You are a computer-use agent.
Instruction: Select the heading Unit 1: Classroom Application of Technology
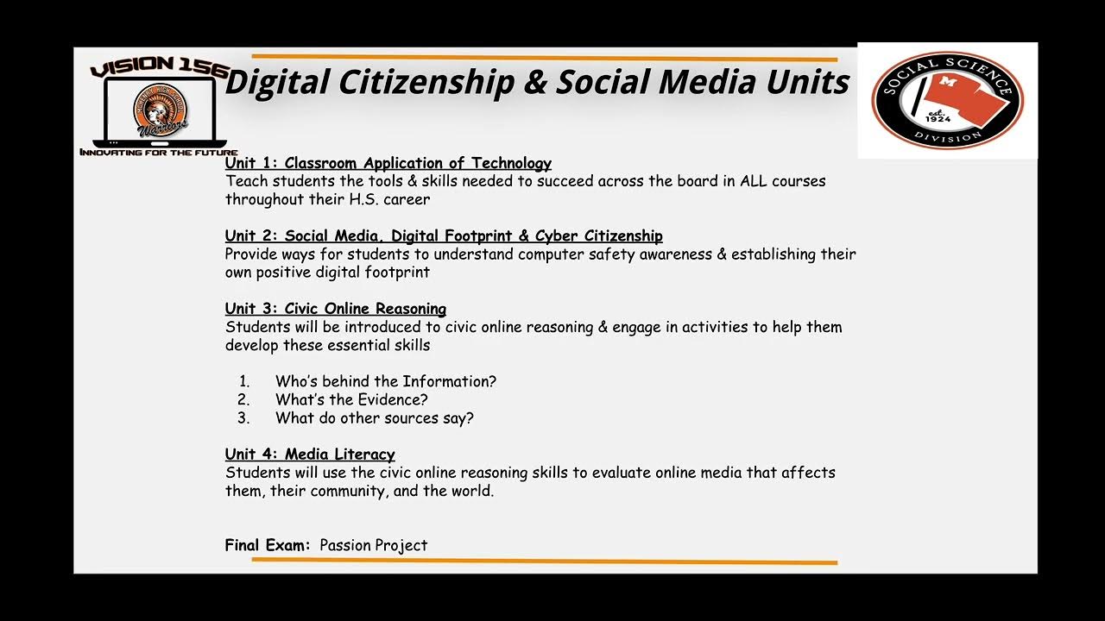coord(388,163)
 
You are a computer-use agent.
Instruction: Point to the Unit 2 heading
coord(444,235)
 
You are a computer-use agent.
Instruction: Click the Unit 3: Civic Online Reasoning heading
coord(335,309)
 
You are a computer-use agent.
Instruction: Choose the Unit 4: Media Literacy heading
coord(310,455)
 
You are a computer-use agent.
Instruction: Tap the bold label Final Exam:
coord(267,545)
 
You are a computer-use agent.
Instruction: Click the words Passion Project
coord(373,545)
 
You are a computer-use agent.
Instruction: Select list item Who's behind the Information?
coord(385,381)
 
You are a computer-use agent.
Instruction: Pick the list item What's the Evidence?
coord(351,399)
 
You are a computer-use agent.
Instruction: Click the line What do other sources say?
coord(374,418)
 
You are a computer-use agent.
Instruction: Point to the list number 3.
coord(243,418)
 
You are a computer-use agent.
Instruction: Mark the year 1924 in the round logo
coord(938,118)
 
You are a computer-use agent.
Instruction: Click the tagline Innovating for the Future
coord(158,153)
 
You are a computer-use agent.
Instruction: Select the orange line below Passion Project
coord(544,561)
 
